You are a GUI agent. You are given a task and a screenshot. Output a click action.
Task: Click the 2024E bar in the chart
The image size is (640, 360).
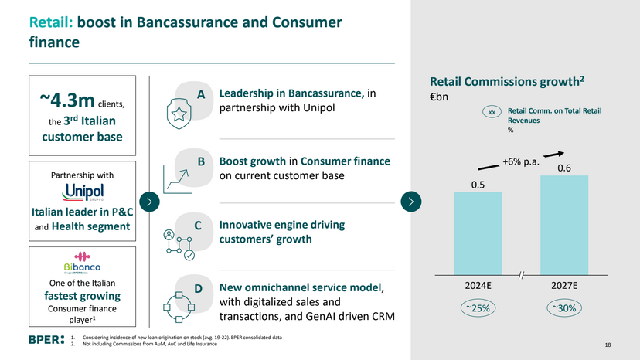(x=477, y=233)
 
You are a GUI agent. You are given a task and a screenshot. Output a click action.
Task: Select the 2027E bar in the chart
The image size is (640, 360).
(x=564, y=225)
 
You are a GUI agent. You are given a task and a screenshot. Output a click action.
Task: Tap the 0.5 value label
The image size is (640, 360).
(x=478, y=184)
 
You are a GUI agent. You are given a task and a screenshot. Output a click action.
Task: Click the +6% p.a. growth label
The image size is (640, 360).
(x=519, y=161)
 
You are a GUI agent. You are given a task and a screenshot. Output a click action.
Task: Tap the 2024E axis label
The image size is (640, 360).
(x=478, y=285)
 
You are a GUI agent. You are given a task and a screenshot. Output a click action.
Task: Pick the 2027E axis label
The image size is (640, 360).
(x=564, y=285)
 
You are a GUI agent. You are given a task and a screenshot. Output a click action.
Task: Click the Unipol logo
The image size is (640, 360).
(x=83, y=192)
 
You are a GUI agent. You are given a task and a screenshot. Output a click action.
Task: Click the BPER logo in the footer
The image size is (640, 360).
(x=44, y=340)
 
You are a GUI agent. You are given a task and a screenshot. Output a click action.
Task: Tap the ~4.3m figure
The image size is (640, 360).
(x=68, y=100)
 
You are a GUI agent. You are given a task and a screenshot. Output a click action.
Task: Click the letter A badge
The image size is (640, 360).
(x=200, y=94)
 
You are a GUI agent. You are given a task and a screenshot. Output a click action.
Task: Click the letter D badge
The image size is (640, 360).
(x=198, y=289)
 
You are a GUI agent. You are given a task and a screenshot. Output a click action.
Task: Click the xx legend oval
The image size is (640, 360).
(x=492, y=113)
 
